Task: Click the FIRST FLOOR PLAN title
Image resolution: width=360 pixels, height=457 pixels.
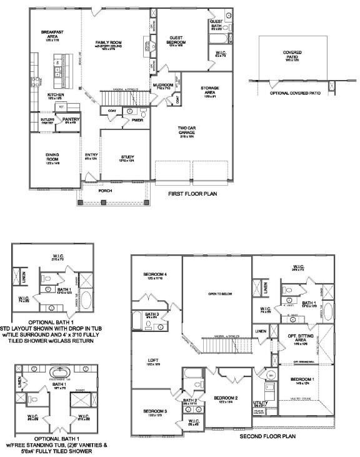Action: tap(192, 194)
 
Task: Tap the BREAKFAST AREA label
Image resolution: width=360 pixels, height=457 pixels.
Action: tap(52, 34)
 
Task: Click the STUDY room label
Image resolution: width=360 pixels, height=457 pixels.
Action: tap(127, 157)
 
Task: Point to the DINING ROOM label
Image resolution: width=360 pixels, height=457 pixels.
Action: tap(52, 157)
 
